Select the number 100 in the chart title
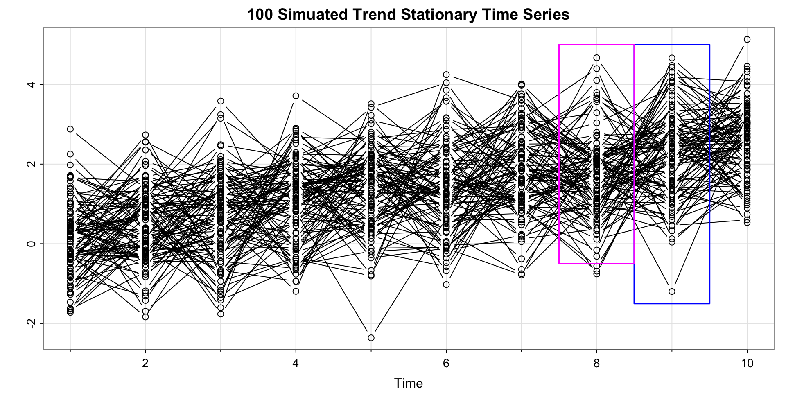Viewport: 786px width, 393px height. coord(260,15)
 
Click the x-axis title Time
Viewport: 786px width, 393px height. coord(408,383)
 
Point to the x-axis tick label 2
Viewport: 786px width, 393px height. coord(145,363)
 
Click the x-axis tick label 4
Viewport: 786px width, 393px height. coord(296,363)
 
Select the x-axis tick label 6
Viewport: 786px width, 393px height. coord(446,363)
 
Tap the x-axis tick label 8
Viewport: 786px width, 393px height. coord(596,363)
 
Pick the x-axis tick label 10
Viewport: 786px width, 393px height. coord(747,363)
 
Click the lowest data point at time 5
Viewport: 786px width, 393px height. coord(371,338)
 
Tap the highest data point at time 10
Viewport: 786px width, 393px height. coord(747,39)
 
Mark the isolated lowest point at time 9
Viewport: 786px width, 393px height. coord(672,291)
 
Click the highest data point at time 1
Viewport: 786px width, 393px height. coord(70,129)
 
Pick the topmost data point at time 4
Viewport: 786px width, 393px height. coord(296,96)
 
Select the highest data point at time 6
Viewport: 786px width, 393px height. coord(446,75)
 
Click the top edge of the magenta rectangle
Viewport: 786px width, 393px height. coord(596,45)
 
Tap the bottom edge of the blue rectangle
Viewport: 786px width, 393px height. coord(672,303)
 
